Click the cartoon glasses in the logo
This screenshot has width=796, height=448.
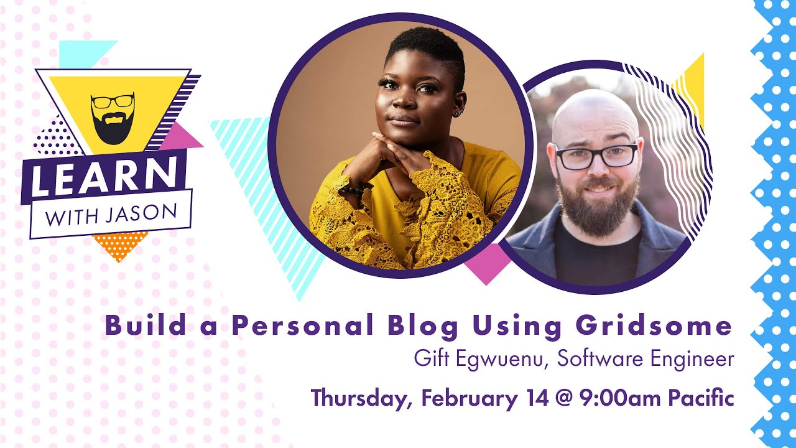point(113,101)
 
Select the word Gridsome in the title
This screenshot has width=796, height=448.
point(654,326)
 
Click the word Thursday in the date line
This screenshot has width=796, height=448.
point(358,398)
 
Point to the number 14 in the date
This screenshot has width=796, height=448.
point(531,397)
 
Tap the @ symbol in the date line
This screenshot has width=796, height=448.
point(561,398)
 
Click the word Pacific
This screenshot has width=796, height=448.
point(701,397)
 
